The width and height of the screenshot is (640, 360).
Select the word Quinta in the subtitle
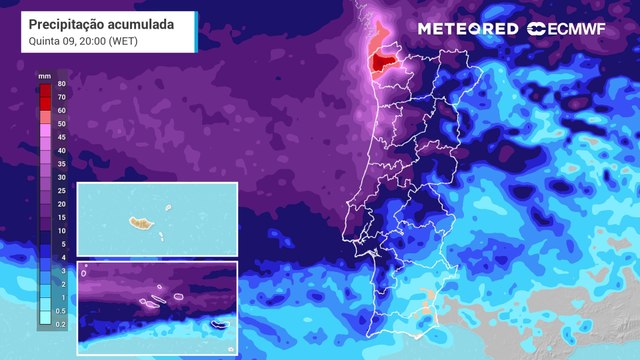coord(45,42)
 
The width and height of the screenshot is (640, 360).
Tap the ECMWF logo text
coord(587,28)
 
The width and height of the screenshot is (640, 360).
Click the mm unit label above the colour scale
coord(44,75)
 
